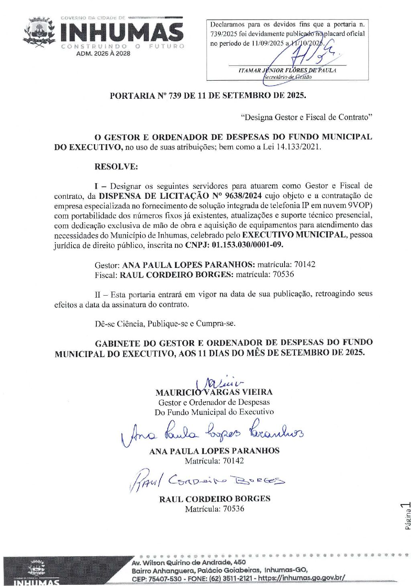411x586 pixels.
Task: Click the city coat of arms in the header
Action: click(39, 33)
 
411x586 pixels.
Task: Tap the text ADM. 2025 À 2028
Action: click(103, 53)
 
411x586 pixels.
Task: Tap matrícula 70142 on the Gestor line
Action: click(305, 264)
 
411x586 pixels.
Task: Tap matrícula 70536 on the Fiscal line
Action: click(283, 274)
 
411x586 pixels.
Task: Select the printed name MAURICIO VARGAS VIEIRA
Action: click(214, 392)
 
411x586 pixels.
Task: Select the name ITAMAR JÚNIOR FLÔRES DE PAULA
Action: click(287, 70)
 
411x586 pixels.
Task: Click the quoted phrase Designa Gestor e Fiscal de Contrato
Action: click(307, 117)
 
